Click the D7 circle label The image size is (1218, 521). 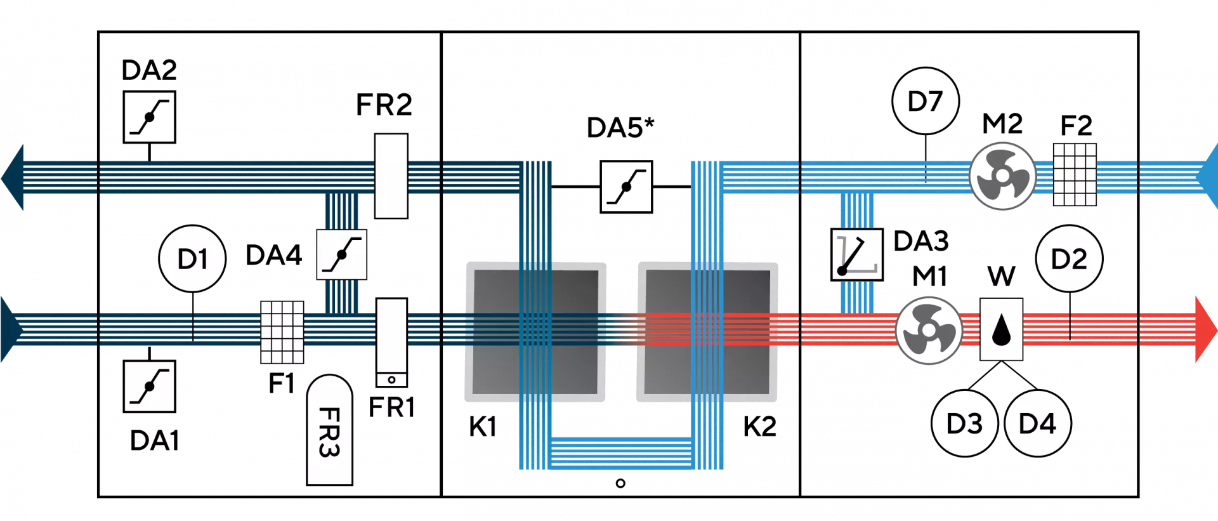pyautogui.click(x=925, y=101)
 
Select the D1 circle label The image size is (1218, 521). pyautogui.click(x=192, y=259)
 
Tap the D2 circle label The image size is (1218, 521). pyautogui.click(x=1069, y=259)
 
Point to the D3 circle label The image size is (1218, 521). pyautogui.click(x=964, y=423)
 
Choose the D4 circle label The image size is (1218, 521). pyautogui.click(x=1037, y=423)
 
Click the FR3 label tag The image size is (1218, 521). pyautogui.click(x=329, y=432)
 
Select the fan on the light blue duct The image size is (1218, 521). pyautogui.click(x=1002, y=176)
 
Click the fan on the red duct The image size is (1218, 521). pyautogui.click(x=928, y=331)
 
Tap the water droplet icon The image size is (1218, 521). pyautogui.click(x=1001, y=329)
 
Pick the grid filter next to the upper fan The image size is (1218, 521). pyautogui.click(x=1075, y=175)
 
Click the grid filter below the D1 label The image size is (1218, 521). pyautogui.click(x=282, y=332)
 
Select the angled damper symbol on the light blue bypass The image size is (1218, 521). pyautogui.click(x=856, y=254)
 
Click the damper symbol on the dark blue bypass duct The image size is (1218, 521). pyautogui.click(x=341, y=254)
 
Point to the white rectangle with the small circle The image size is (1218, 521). pyautogui.click(x=391, y=343)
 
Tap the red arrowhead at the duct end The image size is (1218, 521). pyautogui.click(x=1205, y=329)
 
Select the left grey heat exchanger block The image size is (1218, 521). pyautogui.click(x=535, y=331)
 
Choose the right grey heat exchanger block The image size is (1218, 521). pyautogui.click(x=707, y=331)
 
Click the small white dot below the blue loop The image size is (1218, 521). pyautogui.click(x=620, y=484)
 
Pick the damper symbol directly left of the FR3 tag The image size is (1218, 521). pyautogui.click(x=150, y=386)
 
